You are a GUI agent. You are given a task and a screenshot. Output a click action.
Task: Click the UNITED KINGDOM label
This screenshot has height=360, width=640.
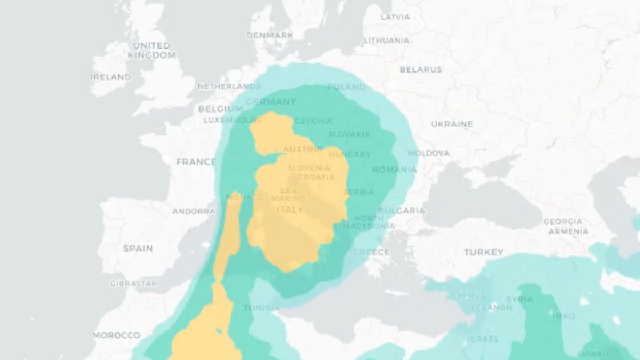coord(151,50)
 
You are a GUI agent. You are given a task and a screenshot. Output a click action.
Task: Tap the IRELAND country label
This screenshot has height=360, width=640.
coord(110,77)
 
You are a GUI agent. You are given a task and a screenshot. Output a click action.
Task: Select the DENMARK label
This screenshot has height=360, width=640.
coord(269,35)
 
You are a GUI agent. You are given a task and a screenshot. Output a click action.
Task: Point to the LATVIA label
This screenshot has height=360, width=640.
coord(395,17)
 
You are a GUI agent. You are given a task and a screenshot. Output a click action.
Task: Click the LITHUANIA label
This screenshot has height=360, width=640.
coord(387,41)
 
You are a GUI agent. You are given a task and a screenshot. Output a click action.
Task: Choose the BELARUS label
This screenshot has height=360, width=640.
coord(421,69)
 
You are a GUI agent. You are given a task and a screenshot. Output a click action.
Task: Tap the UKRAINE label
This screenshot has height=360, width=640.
coord(452,124)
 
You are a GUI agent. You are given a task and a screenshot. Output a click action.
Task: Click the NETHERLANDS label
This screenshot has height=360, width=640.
coord(229,86)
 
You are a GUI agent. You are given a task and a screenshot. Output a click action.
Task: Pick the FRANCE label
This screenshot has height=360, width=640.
coord(196,162)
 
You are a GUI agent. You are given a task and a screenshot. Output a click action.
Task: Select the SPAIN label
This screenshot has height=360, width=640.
coord(138,248)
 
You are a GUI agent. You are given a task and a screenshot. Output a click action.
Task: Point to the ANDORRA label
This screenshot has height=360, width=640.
coord(194,211)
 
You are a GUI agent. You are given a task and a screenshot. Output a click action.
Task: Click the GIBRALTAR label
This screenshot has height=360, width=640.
coord(133,284)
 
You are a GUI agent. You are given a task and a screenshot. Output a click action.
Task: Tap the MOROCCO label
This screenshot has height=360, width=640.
coord(117,335)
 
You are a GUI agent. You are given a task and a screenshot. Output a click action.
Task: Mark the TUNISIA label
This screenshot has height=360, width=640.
coord(261,308)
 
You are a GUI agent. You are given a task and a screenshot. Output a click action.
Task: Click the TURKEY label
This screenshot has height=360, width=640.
coord(483,252)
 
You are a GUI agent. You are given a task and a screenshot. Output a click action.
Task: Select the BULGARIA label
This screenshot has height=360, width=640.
coord(402,211)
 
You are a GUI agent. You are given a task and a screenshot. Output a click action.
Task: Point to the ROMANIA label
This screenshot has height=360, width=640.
coord(394,170)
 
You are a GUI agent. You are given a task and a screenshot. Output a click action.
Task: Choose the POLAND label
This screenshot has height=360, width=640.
coord(346,87)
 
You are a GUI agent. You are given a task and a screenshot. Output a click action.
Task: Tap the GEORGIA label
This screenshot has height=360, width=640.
coord(563,221)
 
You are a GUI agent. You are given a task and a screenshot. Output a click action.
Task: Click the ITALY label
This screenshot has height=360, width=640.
coord(290,210)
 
